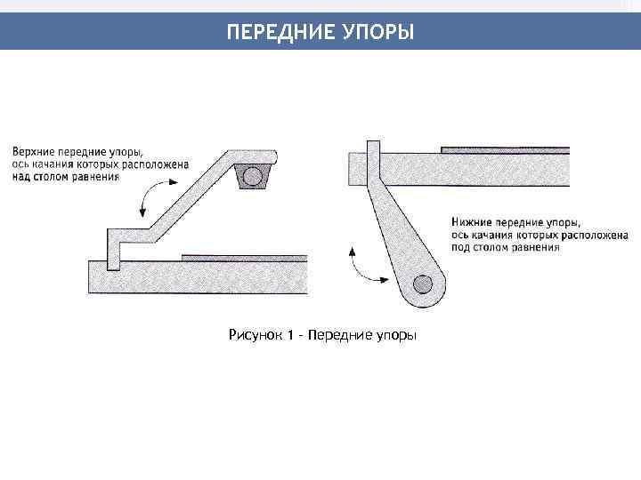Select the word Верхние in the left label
(x=34, y=151)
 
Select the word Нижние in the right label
(x=472, y=220)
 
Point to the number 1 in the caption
(x=291, y=335)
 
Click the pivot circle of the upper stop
(x=252, y=176)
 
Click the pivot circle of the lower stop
(x=422, y=284)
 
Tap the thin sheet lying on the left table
(x=244, y=257)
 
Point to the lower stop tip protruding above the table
(x=373, y=147)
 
